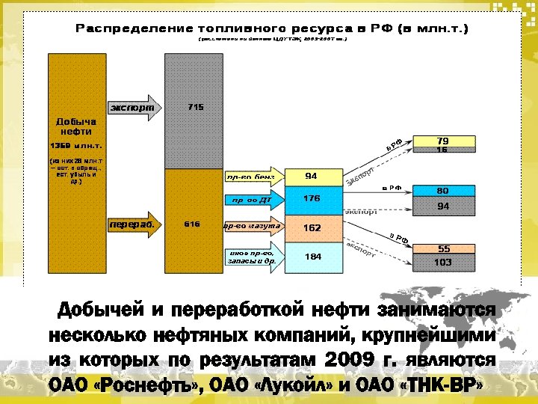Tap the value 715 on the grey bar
pyautogui.click(x=196, y=107)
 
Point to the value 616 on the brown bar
pyautogui.click(x=192, y=223)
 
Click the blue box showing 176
pyautogui.click(x=312, y=198)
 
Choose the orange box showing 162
pyautogui.click(x=312, y=226)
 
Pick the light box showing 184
pyautogui.click(x=312, y=256)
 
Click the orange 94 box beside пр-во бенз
pyautogui.click(x=312, y=176)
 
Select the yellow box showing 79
pyautogui.click(x=442, y=141)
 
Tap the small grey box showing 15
pyautogui.click(x=442, y=150)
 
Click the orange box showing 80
pyautogui.click(x=442, y=191)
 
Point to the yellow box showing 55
pyautogui.click(x=444, y=248)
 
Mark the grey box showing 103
pyautogui.click(x=442, y=262)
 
